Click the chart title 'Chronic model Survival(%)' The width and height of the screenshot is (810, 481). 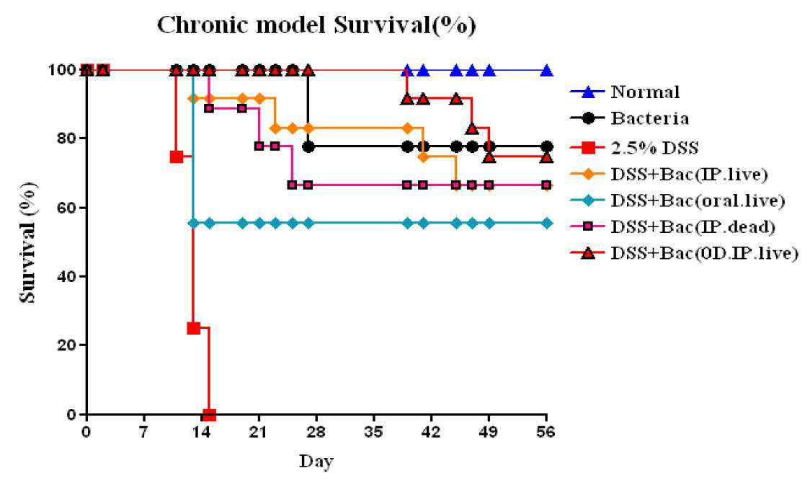[x=316, y=25]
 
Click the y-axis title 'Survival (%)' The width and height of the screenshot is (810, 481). [x=28, y=242]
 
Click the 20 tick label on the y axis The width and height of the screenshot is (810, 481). [x=65, y=345]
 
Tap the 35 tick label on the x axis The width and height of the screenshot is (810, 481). [x=373, y=431]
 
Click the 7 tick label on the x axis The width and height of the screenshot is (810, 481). [x=143, y=431]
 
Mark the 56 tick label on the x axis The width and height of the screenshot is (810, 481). [x=546, y=431]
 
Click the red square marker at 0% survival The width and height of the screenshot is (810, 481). [x=209, y=414]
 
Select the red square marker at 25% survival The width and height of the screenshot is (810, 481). [x=193, y=328]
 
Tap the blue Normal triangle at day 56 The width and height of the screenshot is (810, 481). [x=546, y=71]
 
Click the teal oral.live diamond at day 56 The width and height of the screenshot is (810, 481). [x=546, y=223]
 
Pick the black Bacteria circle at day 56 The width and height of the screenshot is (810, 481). [x=546, y=147]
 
